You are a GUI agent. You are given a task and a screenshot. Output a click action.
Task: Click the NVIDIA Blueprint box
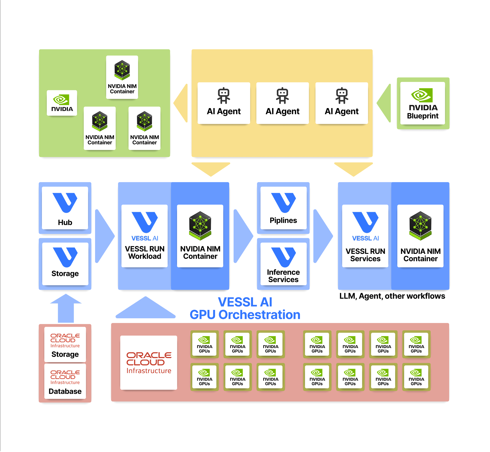click(423, 103)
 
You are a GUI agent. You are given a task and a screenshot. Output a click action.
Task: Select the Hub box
click(65, 208)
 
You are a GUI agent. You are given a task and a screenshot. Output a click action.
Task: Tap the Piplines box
click(283, 208)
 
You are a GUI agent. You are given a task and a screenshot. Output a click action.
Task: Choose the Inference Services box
click(283, 264)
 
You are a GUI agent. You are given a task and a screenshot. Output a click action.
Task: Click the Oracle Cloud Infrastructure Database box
click(65, 381)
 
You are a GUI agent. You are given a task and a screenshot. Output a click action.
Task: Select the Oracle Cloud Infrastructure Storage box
click(65, 344)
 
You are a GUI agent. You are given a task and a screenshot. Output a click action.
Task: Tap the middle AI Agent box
click(282, 103)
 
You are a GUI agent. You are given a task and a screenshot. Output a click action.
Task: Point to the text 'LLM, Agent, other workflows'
click(392, 296)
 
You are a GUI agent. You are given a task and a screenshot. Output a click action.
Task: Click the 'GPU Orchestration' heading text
click(245, 315)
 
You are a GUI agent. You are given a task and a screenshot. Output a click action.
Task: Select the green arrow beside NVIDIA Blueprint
click(384, 103)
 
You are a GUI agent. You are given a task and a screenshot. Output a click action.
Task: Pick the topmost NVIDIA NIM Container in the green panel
click(122, 77)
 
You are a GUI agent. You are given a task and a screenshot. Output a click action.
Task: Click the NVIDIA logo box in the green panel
click(62, 103)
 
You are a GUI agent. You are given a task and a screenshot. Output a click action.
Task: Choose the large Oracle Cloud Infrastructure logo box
click(148, 362)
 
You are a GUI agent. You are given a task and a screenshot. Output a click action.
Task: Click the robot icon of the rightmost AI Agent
click(342, 95)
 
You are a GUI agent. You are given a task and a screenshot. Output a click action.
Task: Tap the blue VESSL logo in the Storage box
click(65, 257)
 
